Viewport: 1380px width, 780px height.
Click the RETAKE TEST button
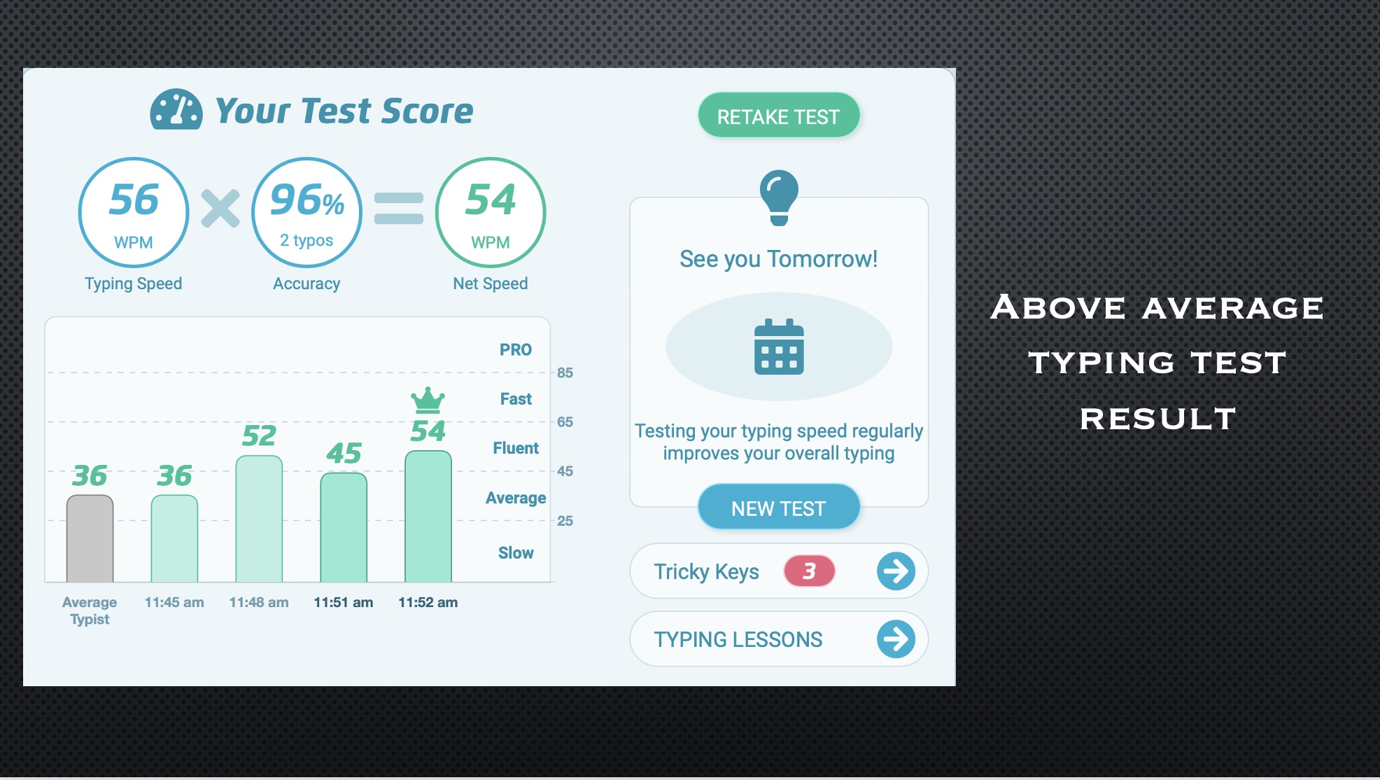pyautogui.click(x=778, y=116)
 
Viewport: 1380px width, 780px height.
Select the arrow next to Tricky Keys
pyautogui.click(x=896, y=571)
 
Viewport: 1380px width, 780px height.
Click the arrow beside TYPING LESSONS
pyautogui.click(x=896, y=639)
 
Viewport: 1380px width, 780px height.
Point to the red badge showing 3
pyautogui.click(x=809, y=571)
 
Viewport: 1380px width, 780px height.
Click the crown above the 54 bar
pyautogui.click(x=428, y=400)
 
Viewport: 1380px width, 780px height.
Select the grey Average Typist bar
pyautogui.click(x=90, y=538)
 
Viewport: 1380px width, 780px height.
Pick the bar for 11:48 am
pyautogui.click(x=259, y=519)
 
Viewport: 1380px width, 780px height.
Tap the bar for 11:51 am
pyautogui.click(x=344, y=527)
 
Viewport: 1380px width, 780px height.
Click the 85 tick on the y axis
pyautogui.click(x=565, y=372)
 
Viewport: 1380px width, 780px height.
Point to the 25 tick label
pyautogui.click(x=565, y=521)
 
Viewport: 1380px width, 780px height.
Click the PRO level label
pyautogui.click(x=516, y=349)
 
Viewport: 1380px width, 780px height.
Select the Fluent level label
pyautogui.click(x=516, y=448)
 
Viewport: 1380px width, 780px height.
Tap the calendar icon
pyautogui.click(x=779, y=347)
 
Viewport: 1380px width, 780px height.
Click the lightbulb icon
pyautogui.click(x=779, y=197)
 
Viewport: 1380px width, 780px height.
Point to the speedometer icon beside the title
pyautogui.click(x=176, y=109)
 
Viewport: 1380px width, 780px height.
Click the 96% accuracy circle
pyautogui.click(x=307, y=212)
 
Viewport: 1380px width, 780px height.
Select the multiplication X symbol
pyautogui.click(x=220, y=209)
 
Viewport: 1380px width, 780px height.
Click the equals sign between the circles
pyautogui.click(x=399, y=209)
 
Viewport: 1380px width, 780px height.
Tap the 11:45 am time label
pyautogui.click(x=174, y=602)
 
